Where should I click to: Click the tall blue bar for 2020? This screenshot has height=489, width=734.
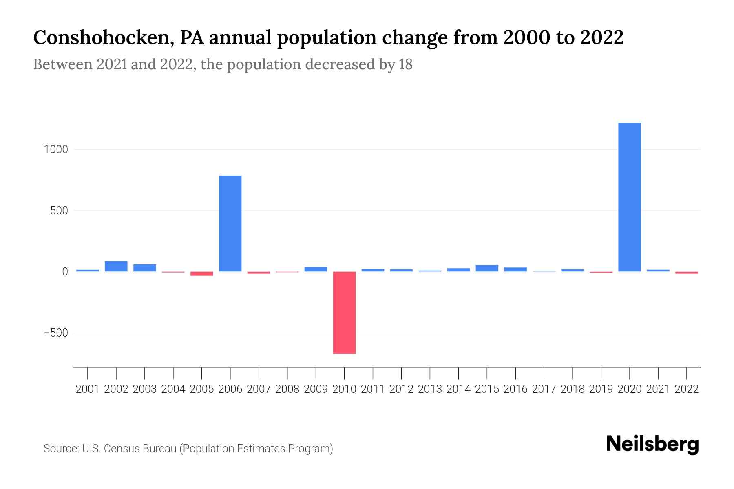pos(629,197)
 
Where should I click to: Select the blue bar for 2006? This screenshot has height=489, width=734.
pos(230,223)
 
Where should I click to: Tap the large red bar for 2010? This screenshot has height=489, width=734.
pos(344,313)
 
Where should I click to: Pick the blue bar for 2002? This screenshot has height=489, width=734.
pos(116,266)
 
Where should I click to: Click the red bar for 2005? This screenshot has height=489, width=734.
pos(202,274)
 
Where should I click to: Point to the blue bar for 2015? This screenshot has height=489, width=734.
pos(487,268)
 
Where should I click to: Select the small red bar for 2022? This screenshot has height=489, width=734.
pos(687,273)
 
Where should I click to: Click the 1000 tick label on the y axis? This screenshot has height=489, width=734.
pos(56,150)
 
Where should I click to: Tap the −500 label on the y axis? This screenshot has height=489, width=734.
pos(56,333)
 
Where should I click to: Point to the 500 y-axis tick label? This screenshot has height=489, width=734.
pos(59,211)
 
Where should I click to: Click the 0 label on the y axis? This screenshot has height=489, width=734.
pos(65,272)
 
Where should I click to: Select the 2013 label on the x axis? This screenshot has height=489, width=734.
pos(430,389)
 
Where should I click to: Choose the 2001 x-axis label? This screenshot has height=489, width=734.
pos(88,389)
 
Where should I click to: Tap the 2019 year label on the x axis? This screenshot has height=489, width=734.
pos(601,389)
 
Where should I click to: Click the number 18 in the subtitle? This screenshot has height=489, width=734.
pos(406,64)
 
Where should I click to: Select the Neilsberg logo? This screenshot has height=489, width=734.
pos(652,445)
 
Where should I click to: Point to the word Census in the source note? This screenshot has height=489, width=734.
pos(119,449)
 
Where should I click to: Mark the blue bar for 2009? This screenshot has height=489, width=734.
pos(316,269)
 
